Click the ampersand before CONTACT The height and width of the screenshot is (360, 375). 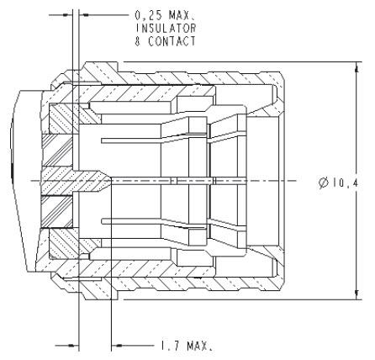pyautogui.click(x=137, y=40)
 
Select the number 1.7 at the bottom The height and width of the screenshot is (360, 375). pyautogui.click(x=166, y=345)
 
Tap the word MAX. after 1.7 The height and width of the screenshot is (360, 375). pyautogui.click(x=198, y=345)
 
